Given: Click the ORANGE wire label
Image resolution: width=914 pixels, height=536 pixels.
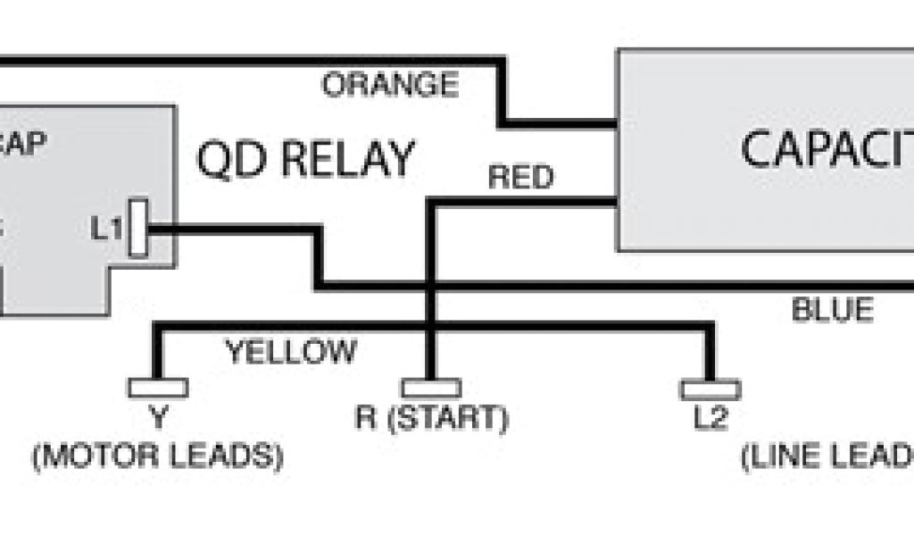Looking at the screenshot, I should [390, 85].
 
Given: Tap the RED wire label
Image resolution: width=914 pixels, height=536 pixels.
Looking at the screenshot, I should [520, 177].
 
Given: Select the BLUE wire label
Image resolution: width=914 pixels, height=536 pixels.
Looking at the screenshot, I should [832, 310].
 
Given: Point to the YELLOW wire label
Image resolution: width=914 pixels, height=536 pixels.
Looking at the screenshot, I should [290, 351].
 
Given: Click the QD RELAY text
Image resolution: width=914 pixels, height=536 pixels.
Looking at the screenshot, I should [306, 160].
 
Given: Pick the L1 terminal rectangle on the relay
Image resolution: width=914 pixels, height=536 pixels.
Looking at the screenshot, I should [137, 229].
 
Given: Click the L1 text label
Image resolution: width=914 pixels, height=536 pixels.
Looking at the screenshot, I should [105, 229].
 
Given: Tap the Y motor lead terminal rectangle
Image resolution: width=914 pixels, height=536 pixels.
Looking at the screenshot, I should [158, 388].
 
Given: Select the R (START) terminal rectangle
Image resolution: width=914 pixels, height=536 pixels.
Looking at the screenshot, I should [431, 388].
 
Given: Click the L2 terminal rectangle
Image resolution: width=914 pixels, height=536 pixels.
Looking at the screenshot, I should [710, 389].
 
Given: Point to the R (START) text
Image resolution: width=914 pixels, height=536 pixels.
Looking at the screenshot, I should [431, 418].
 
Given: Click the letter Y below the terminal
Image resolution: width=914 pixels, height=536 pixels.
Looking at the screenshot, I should [159, 417].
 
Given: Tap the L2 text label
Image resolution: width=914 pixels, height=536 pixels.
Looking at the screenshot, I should [710, 418].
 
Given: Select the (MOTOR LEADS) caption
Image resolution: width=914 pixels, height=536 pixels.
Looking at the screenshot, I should [157, 456].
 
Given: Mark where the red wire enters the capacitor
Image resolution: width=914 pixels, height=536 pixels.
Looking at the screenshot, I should [616, 203].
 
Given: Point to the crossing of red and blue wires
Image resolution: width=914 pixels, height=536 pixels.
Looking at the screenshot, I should [431, 285].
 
